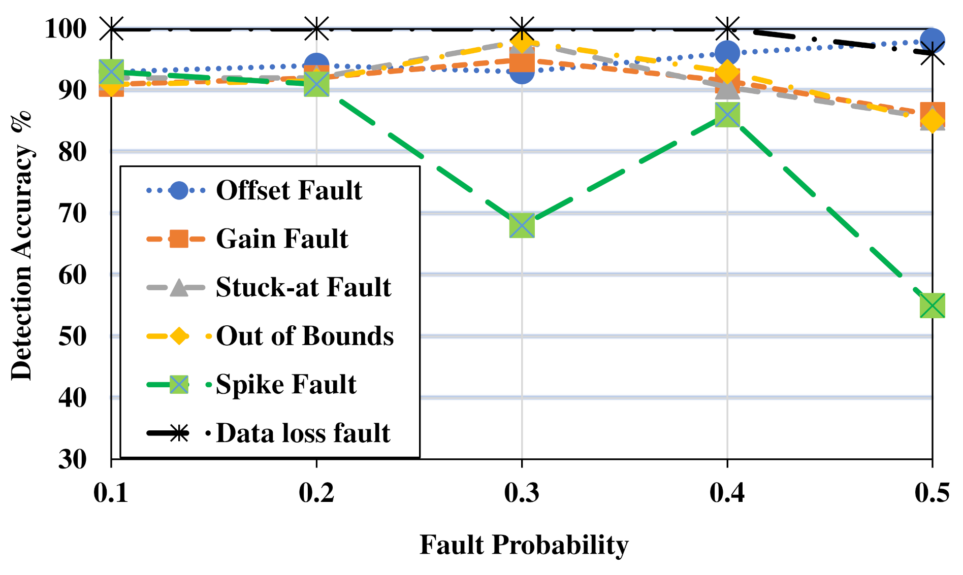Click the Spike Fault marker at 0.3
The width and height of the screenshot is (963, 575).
[x=522, y=225]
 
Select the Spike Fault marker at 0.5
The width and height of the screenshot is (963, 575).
[x=932, y=306]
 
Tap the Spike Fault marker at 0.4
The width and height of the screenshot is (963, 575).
[x=727, y=115]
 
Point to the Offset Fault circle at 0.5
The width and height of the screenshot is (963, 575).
[x=932, y=41]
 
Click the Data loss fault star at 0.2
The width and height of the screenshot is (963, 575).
[x=316, y=28]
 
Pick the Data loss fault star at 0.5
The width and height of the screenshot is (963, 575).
[x=932, y=53]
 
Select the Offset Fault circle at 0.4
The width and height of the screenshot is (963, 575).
[x=727, y=53]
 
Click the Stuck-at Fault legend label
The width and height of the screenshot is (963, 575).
[x=303, y=287]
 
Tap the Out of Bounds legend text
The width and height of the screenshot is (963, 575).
[x=305, y=336]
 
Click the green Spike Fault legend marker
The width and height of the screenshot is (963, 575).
[x=179, y=384]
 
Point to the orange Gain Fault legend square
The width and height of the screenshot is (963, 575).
[x=179, y=239]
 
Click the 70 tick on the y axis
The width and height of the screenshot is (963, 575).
[x=73, y=213]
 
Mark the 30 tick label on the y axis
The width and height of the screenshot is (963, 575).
[x=73, y=459]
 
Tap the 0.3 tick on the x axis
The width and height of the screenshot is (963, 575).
[x=522, y=492]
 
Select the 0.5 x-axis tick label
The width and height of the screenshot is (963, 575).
[x=932, y=492]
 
